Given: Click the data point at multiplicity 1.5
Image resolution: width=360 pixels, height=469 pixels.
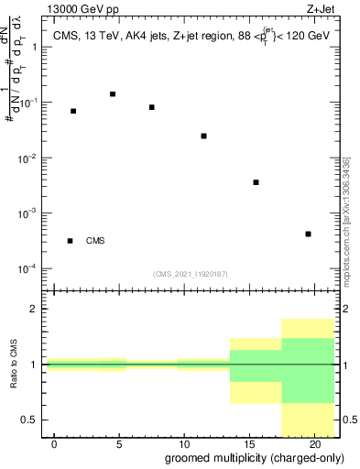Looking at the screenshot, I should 73,111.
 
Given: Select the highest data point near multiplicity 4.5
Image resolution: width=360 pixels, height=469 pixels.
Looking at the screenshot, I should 113,93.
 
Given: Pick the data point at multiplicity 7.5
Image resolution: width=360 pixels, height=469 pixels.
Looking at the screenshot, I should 152,107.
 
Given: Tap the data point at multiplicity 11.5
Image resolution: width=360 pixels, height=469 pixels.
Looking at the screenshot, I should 203,136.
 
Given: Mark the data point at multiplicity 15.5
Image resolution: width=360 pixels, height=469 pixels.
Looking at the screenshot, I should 256,182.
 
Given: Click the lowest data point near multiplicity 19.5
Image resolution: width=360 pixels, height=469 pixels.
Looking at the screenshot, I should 309,234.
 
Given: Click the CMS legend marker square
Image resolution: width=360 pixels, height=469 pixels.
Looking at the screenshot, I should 70,241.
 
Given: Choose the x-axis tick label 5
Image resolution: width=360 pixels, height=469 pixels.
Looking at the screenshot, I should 119,444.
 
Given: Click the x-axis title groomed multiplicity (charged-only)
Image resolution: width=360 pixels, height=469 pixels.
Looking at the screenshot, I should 253,458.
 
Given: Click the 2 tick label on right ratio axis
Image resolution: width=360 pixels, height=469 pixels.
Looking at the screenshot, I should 347,310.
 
